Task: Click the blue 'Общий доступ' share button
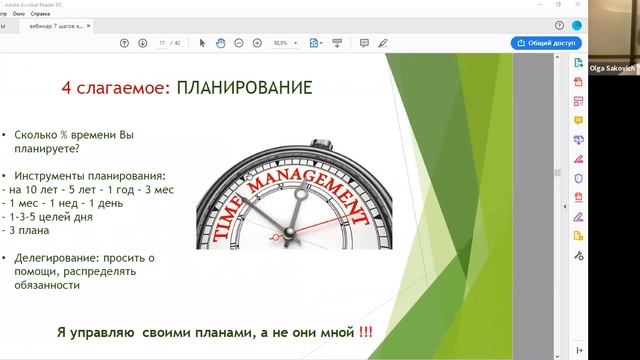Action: coord(546,43)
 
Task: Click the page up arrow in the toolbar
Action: coord(124,43)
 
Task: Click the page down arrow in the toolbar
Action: coord(141,43)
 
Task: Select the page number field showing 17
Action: coord(162,43)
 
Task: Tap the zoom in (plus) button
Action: coord(257,43)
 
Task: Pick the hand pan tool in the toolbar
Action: coord(219,43)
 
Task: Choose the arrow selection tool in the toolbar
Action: coord(202,43)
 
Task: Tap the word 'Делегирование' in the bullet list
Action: coord(55,257)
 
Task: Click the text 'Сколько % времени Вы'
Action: coord(67,134)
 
